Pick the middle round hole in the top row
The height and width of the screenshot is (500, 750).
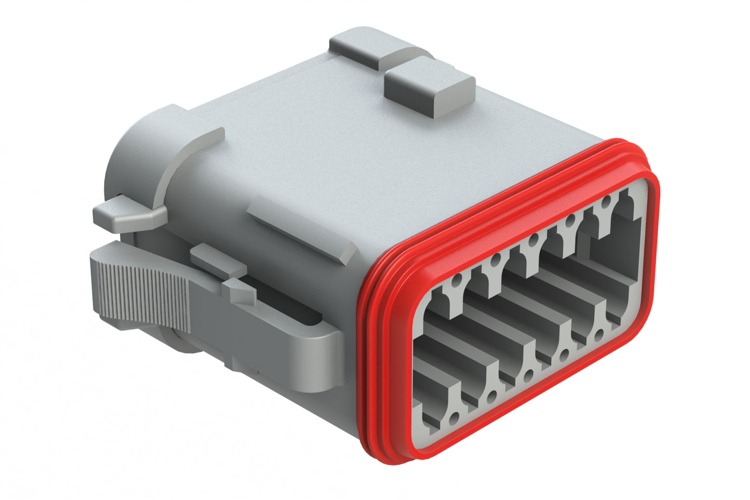point(533,240)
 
